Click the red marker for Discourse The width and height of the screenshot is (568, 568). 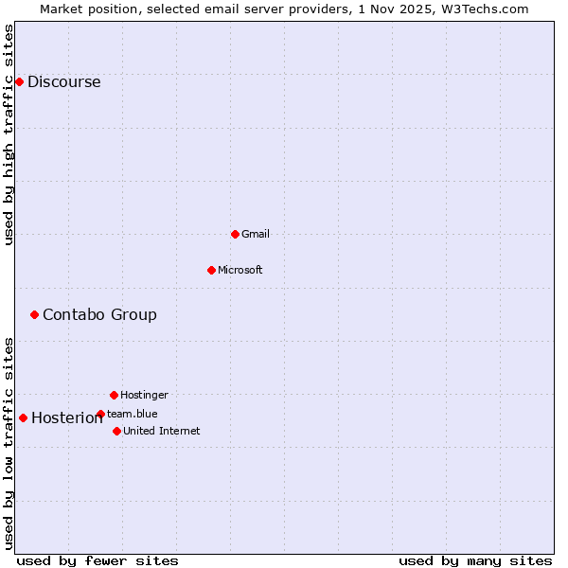pos(19,81)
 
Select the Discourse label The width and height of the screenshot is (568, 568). pos(63,81)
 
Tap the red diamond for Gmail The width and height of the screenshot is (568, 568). pos(235,234)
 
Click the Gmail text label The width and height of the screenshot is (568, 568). pos(256,234)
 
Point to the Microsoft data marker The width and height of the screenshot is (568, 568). pos(211,270)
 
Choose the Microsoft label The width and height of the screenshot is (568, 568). pos(240,270)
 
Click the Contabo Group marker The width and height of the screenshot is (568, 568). pos(34,314)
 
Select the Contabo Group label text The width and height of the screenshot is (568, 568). pos(99,314)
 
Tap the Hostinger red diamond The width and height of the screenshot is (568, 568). pos(114,395)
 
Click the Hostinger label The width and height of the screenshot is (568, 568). pos(144,395)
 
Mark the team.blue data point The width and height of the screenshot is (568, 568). pos(100,414)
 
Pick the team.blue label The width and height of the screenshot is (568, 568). pos(133,414)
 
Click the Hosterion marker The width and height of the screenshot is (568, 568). pos(23,417)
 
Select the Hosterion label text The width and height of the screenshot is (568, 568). pos(66,418)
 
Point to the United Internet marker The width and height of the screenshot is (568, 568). pos(116,431)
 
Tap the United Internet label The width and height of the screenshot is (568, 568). pos(162,431)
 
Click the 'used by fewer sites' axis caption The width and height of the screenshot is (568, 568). pos(98,560)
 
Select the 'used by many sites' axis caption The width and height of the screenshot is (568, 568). pos(475,560)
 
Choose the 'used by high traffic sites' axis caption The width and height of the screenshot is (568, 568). pos(9,134)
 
